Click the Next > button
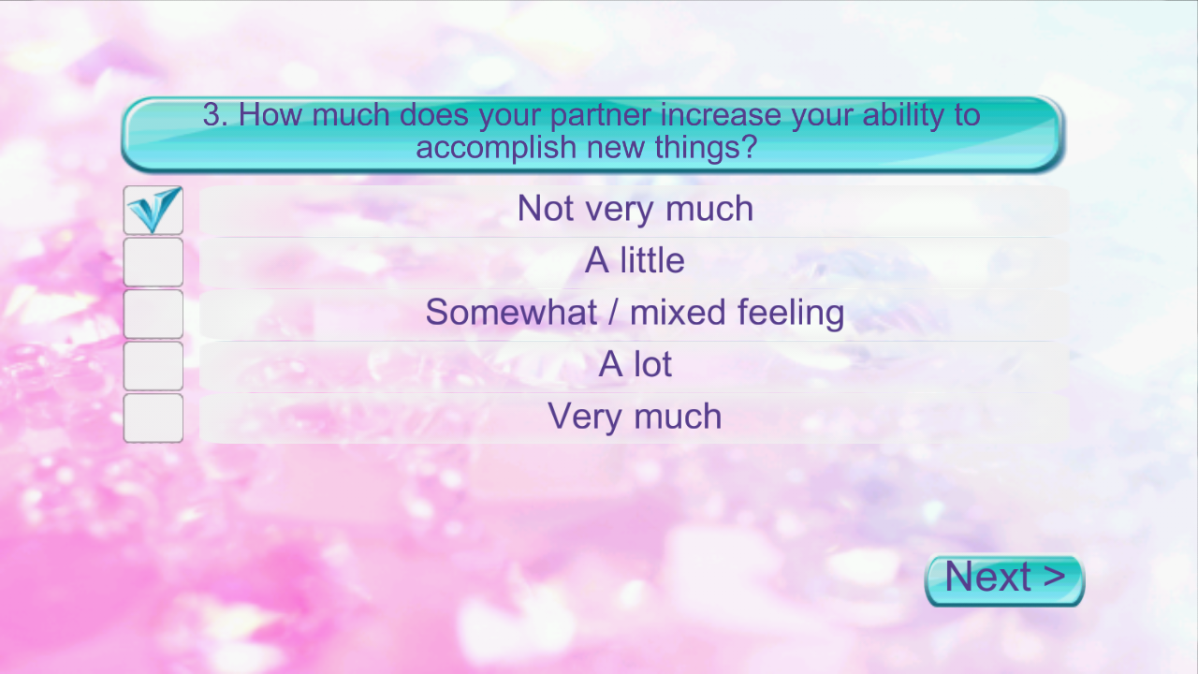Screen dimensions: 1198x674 [1005, 580]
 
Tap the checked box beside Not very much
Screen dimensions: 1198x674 [153, 211]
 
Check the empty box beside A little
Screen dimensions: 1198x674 [153, 262]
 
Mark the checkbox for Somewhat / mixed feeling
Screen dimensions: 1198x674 [153, 314]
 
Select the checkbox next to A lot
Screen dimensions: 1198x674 [153, 366]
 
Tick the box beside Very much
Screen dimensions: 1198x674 [153, 418]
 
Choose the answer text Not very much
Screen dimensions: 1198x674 [636, 209]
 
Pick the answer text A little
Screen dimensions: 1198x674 [635, 260]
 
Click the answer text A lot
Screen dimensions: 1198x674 [635, 364]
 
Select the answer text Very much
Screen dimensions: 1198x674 [635, 418]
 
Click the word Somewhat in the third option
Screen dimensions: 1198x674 [511, 312]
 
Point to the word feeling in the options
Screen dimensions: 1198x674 [791, 314]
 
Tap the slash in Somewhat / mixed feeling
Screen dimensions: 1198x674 [613, 313]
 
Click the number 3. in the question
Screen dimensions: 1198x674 [215, 114]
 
